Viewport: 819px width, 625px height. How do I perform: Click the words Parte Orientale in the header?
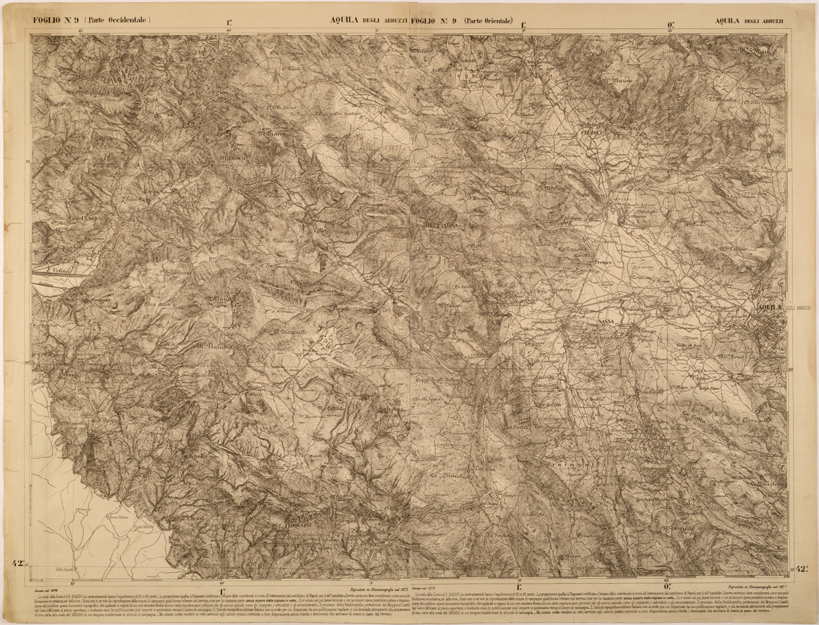pos(489,21)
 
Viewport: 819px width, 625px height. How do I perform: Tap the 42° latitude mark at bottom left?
pos(17,564)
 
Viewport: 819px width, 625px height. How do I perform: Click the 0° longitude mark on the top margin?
pos(669,27)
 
